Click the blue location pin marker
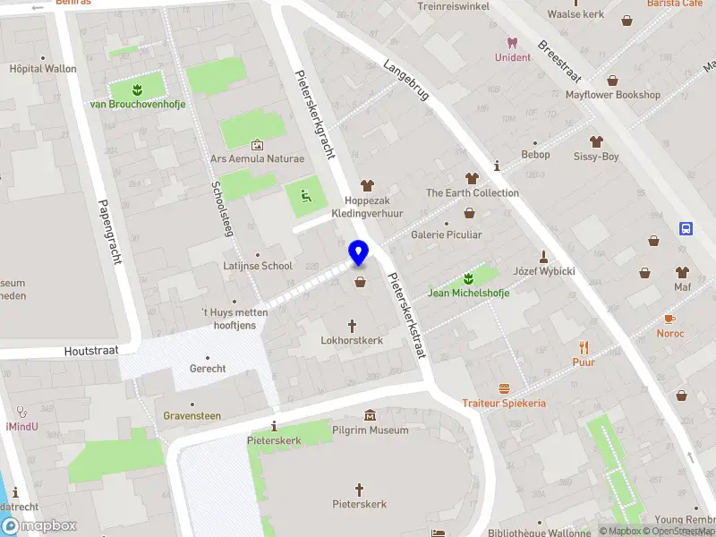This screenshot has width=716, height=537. tap(359, 253)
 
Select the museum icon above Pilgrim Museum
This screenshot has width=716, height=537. tap(370, 415)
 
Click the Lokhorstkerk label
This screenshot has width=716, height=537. tap(352, 341)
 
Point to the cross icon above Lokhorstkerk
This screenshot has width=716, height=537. tap(352, 326)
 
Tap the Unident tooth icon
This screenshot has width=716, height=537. tap(513, 42)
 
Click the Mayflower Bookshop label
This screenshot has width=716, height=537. tap(613, 95)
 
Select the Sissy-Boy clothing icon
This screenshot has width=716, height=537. tap(596, 141)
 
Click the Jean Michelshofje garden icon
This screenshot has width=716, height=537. tap(468, 277)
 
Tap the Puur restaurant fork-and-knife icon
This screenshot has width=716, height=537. tap(584, 347)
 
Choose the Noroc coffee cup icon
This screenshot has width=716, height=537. tap(669, 319)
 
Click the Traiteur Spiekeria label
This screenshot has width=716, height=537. tap(504, 404)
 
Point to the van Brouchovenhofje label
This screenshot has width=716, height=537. tap(138, 105)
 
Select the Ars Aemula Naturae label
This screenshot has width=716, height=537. tap(257, 159)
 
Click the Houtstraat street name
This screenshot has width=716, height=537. tap(91, 352)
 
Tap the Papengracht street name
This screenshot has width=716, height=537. tap(110, 231)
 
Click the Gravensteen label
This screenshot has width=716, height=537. tap(192, 416)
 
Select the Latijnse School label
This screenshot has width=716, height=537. tap(258, 266)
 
